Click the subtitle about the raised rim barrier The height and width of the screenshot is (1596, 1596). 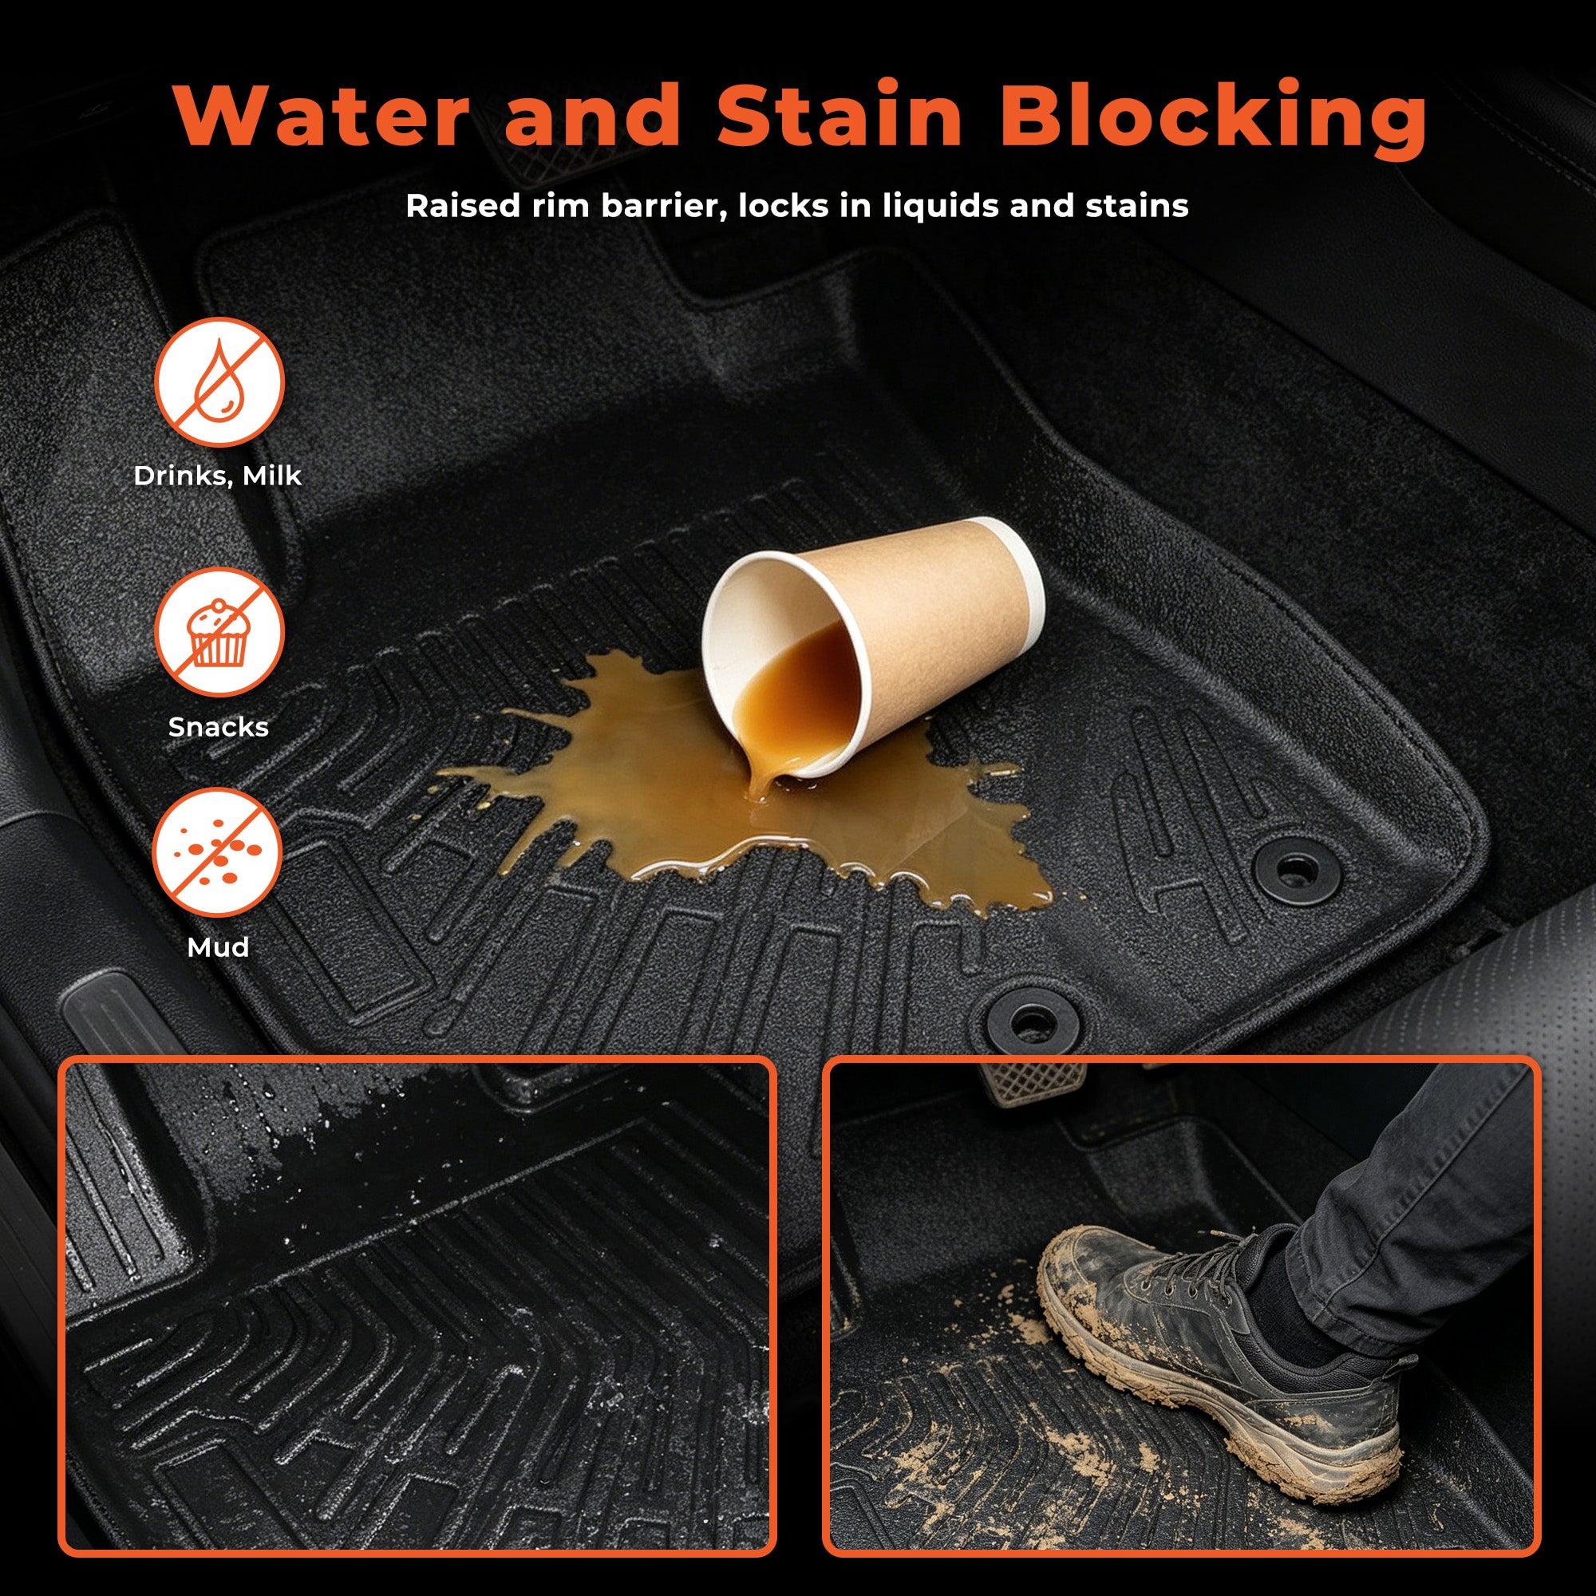coord(797,206)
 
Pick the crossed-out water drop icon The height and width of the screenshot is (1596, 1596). coord(219,382)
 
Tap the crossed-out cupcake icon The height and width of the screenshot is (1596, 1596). coord(219,632)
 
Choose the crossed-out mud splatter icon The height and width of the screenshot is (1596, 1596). coord(217,851)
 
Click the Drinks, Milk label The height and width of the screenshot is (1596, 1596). coord(217,476)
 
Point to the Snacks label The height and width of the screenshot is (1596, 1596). coord(218,727)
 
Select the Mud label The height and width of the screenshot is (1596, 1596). coord(218,946)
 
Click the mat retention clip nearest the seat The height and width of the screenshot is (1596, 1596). coord(1294,869)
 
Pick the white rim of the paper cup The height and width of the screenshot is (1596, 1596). coord(744,661)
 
